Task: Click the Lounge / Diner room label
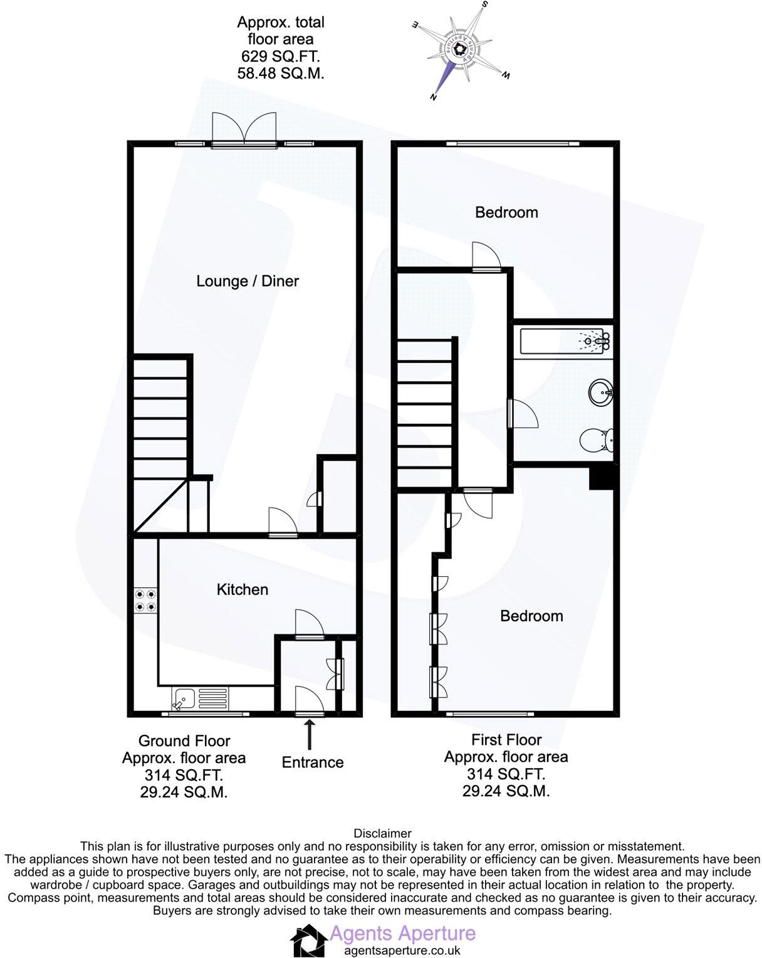tap(248, 281)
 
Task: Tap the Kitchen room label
tap(242, 589)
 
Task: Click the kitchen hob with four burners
tap(145, 600)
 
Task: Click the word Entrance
tap(313, 762)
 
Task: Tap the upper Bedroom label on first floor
tap(506, 213)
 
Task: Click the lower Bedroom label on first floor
tap(531, 616)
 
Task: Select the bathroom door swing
tap(523, 413)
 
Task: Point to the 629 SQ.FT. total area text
tap(281, 56)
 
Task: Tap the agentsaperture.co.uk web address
tap(402, 950)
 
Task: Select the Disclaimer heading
tap(382, 833)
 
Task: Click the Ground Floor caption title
tap(184, 740)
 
